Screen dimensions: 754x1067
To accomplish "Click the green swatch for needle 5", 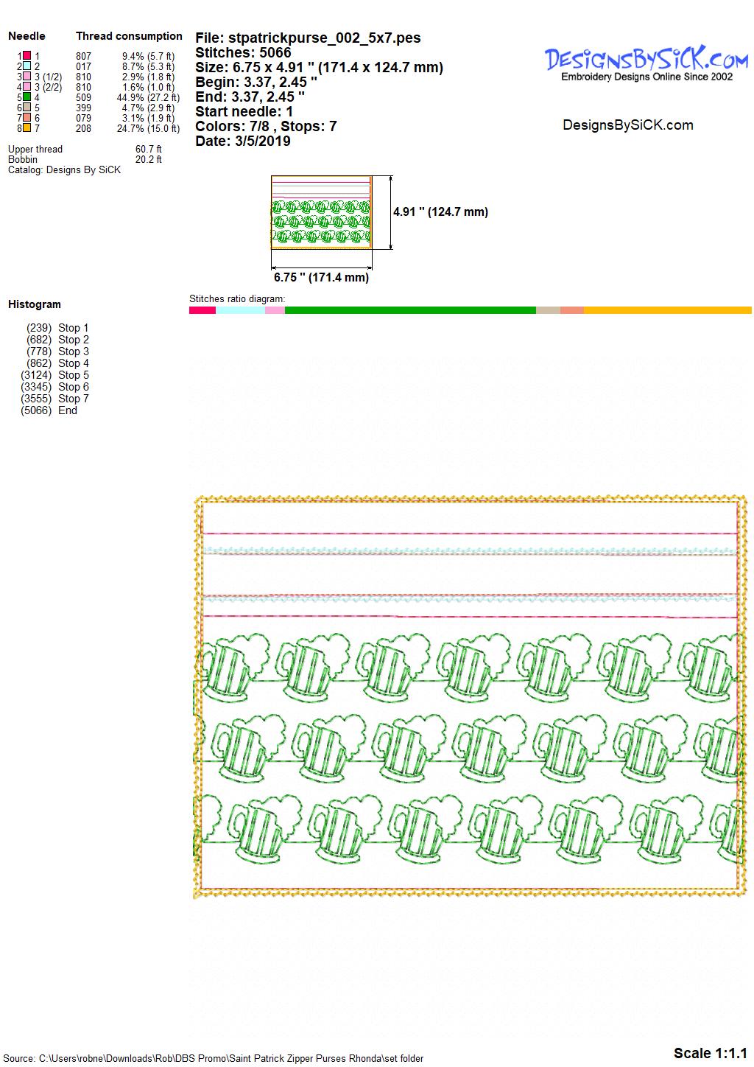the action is point(27,97).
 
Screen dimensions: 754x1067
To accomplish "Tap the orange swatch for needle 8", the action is point(27,128).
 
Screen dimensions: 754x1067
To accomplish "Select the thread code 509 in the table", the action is point(83,98).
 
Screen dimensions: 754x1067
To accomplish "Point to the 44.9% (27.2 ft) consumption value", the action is point(148,98).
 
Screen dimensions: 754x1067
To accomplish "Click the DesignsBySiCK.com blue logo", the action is point(646,59).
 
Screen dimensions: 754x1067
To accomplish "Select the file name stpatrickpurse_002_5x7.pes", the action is point(325,38).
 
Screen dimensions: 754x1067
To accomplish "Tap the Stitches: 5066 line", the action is point(243,52).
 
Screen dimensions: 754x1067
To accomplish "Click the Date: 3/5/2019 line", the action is point(243,141).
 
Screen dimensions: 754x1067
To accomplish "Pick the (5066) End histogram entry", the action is point(49,410).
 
